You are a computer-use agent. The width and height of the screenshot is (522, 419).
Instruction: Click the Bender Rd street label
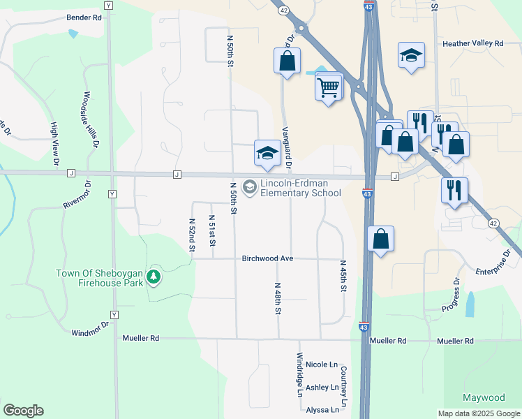coord(84,17)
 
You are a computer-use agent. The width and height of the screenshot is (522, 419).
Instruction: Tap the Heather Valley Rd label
coord(472,43)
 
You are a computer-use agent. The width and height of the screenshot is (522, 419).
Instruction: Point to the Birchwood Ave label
coord(267,258)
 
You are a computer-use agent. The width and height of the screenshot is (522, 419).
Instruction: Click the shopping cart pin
coord(328,87)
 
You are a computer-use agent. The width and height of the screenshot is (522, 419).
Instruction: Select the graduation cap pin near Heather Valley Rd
coord(411,55)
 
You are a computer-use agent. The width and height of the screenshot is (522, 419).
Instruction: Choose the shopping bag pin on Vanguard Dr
coord(287,61)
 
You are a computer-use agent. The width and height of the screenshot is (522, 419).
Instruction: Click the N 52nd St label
coord(191,233)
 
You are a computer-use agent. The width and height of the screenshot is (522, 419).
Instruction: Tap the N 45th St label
coord(343,277)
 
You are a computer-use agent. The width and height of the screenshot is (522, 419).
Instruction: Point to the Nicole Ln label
coord(321,365)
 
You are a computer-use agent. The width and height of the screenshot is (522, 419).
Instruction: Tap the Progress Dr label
coord(451,296)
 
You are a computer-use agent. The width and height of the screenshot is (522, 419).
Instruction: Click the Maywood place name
coord(484,398)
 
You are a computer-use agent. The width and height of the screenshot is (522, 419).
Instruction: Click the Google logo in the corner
coord(23,411)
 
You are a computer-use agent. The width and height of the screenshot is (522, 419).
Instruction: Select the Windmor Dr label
coord(91,328)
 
